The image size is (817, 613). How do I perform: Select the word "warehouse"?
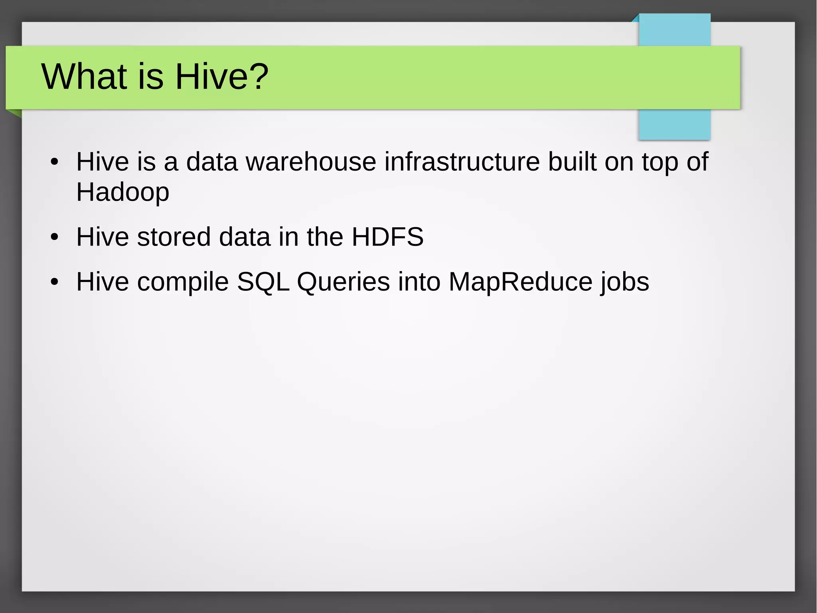tap(311, 162)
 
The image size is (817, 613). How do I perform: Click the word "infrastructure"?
tap(462, 162)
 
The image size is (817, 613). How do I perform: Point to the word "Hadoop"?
tap(122, 192)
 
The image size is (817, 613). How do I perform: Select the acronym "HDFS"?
tap(387, 237)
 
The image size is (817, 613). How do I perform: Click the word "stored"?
tap(174, 237)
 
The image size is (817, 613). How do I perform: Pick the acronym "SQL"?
tap(263, 282)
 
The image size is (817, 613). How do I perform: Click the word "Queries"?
tap(343, 282)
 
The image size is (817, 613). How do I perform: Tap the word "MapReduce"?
tap(521, 282)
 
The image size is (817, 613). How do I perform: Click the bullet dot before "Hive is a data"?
tap(55, 163)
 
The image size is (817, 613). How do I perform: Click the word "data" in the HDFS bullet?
tap(245, 237)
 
